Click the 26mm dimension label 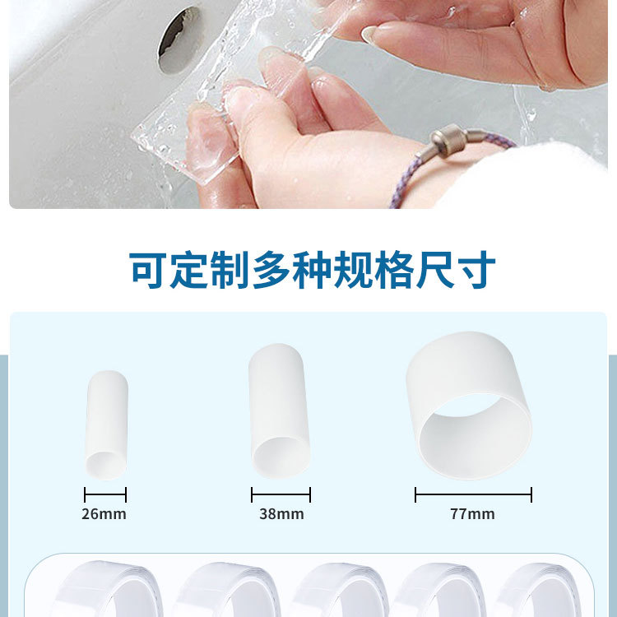(x=104, y=514)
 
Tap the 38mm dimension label (x=281, y=514)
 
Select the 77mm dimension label (x=472, y=514)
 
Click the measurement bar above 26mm (x=105, y=494)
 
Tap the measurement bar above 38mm (x=281, y=494)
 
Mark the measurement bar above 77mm (x=473, y=494)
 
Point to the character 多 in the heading (x=272, y=270)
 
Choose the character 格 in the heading (x=395, y=270)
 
